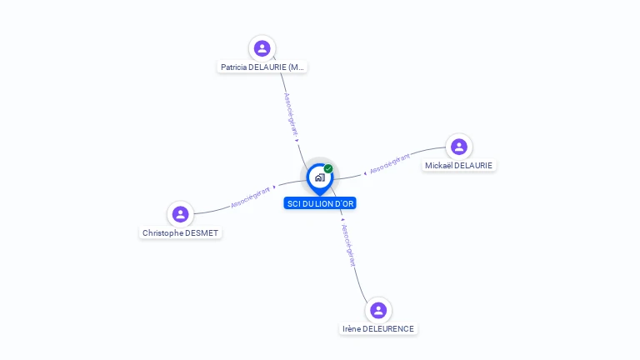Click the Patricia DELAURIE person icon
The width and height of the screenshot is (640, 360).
[262, 47]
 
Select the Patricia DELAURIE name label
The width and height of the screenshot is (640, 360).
[262, 67]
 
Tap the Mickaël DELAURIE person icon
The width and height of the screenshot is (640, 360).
[458, 147]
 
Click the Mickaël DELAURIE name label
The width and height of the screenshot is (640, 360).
[458, 166]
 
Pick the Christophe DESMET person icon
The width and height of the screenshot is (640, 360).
[180, 214]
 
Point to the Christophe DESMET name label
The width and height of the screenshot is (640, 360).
[180, 233]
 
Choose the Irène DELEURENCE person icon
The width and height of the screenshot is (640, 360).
[378, 310]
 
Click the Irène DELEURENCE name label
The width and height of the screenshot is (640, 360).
[378, 329]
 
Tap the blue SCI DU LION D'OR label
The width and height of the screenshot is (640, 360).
[320, 203]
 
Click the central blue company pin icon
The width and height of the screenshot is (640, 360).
[319, 177]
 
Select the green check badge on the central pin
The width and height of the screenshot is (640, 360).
[328, 168]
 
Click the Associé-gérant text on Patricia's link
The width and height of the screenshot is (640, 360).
[291, 113]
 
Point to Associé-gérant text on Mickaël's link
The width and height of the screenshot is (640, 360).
[390, 162]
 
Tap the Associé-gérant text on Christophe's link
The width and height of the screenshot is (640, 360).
[250, 197]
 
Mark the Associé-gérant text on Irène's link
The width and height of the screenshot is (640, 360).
[348, 245]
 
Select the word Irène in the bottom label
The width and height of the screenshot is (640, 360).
[352, 329]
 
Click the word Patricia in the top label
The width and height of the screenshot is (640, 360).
[234, 67]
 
